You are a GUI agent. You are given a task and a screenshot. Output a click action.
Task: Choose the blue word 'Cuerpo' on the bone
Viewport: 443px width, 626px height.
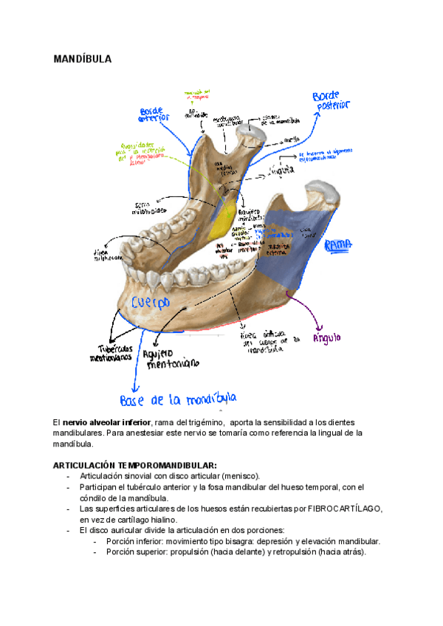(x=151, y=303)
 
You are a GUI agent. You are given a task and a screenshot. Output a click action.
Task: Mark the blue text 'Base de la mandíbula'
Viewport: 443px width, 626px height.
(x=177, y=400)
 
